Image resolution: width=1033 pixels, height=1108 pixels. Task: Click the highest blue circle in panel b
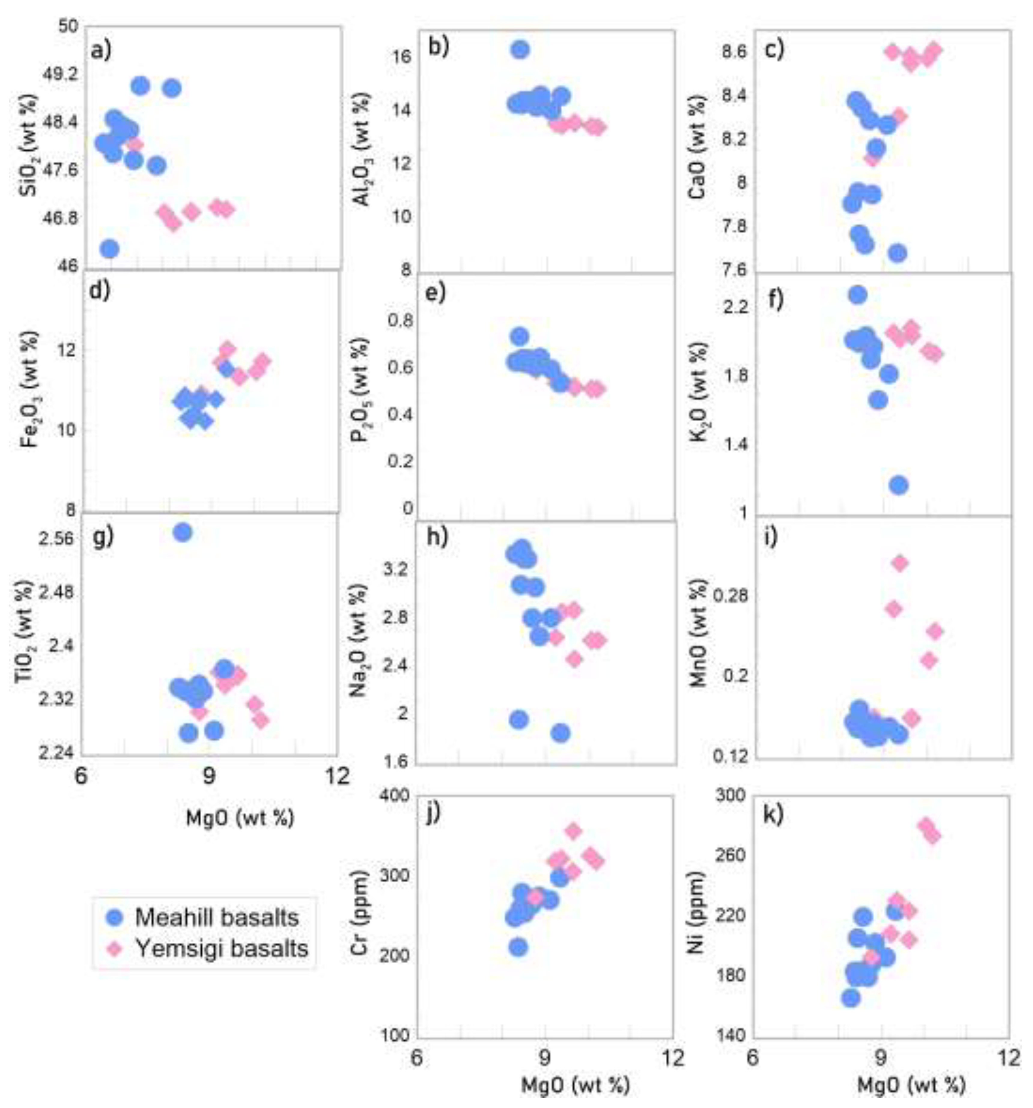pyautogui.click(x=520, y=50)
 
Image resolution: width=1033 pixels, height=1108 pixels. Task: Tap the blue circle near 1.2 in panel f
pyautogui.click(x=898, y=486)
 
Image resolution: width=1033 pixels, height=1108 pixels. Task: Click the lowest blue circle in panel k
pyautogui.click(x=851, y=998)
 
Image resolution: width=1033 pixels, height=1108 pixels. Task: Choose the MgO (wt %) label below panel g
pyautogui.click(x=240, y=817)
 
